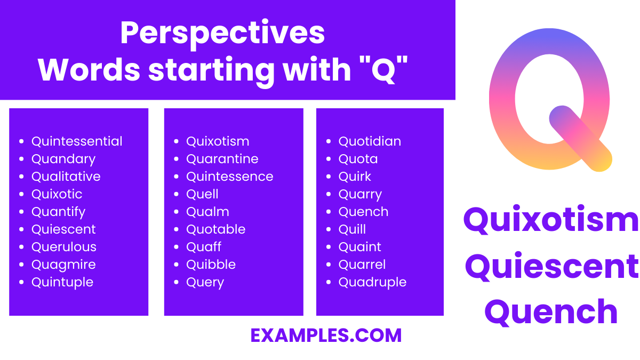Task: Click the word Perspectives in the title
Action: click(222, 33)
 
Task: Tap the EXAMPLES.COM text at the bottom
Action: click(326, 335)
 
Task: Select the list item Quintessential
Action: click(77, 141)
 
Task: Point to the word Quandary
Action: click(63, 159)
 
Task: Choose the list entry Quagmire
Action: click(63, 265)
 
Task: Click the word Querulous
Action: click(64, 247)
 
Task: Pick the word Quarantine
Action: click(222, 159)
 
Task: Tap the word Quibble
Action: click(211, 265)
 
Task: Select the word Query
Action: click(205, 283)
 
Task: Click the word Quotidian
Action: click(370, 141)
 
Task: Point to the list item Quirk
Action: click(355, 177)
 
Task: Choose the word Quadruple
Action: click(372, 282)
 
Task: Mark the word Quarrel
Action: click(362, 265)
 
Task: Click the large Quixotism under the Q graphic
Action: click(551, 221)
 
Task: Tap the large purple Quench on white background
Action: click(551, 312)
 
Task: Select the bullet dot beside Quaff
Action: click(177, 247)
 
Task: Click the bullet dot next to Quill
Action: click(329, 230)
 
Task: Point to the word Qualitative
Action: click(66, 177)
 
